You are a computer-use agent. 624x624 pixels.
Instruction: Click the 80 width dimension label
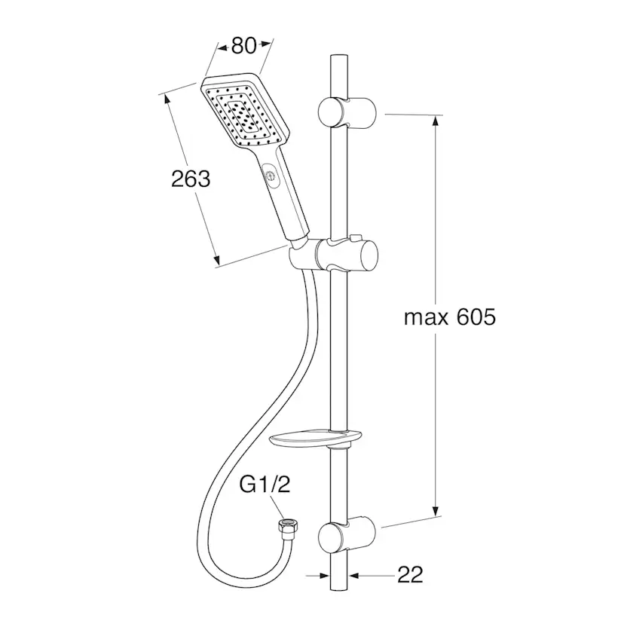pos(243,46)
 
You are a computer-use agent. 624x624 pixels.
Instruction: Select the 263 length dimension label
pos(191,179)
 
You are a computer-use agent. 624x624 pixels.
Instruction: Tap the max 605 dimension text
pos(450,317)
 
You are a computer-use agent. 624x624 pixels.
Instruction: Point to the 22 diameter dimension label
pos(410,575)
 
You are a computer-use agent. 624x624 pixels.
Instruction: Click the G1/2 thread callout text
pos(265,485)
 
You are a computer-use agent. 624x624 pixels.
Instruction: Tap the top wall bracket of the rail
pos(347,112)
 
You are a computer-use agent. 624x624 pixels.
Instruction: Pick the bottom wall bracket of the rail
pos(347,535)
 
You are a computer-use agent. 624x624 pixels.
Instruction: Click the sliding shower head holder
pos(335,255)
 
